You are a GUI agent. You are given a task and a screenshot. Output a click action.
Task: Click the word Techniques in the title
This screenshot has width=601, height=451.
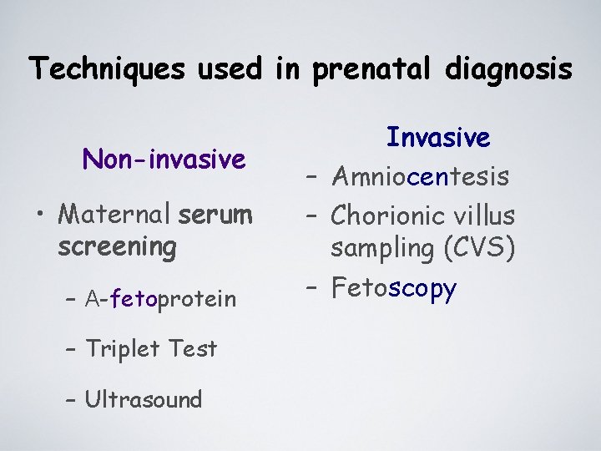pyautogui.click(x=107, y=68)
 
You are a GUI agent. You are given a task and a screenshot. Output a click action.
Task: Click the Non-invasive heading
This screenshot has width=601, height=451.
pyautogui.click(x=164, y=159)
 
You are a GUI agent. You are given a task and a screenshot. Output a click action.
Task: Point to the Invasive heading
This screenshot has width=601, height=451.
pyautogui.click(x=437, y=138)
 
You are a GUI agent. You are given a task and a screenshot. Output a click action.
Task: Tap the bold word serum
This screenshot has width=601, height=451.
pyautogui.click(x=215, y=215)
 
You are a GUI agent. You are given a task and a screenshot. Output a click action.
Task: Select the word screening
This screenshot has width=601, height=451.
pyautogui.click(x=118, y=246)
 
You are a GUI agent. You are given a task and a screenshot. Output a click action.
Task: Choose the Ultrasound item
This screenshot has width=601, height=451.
pyautogui.click(x=143, y=399)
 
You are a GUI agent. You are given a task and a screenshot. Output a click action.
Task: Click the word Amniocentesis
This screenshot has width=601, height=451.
pyautogui.click(x=420, y=176)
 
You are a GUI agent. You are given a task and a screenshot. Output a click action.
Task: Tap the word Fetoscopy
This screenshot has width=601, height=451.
pyautogui.click(x=394, y=288)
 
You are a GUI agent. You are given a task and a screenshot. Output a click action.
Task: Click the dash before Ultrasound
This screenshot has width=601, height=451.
pyautogui.click(x=70, y=399)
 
